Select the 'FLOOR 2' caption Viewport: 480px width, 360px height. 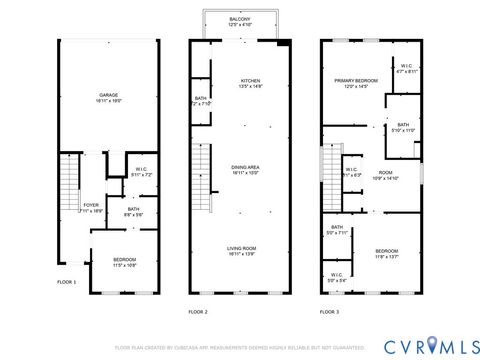[198, 312]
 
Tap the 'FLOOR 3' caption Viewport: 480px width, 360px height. [330, 312]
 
